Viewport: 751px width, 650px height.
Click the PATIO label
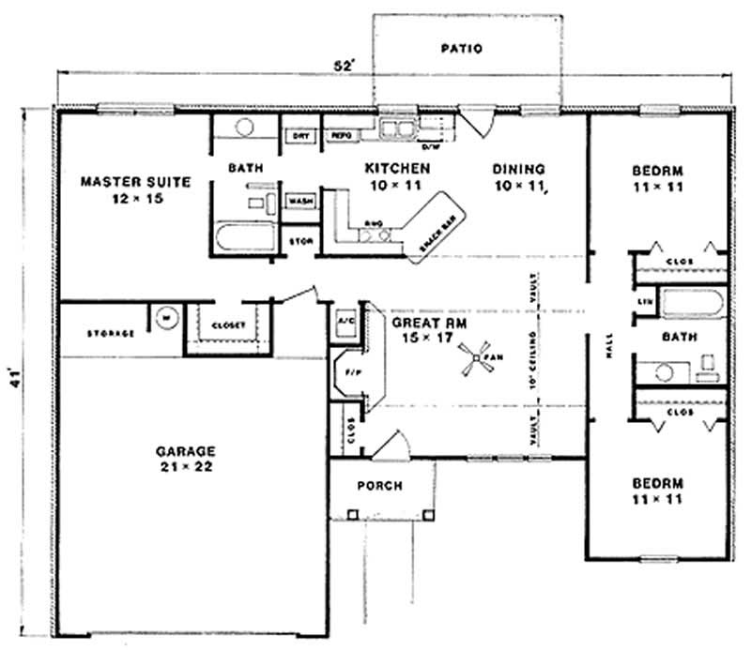coord(461,49)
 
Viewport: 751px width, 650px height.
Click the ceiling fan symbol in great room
coord(477,362)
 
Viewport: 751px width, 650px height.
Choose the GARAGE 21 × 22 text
coord(186,458)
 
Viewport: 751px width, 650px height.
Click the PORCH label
coord(379,486)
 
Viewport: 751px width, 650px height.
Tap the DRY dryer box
coord(300,137)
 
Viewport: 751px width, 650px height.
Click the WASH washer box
coord(300,202)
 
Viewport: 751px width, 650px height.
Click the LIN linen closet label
coord(644,302)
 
